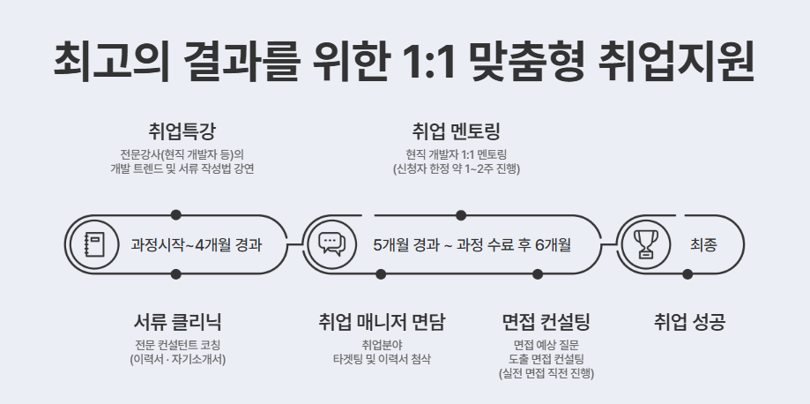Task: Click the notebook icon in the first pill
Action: pos(93,243)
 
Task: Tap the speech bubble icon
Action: pos(331,243)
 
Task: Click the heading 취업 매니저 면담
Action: pos(382,322)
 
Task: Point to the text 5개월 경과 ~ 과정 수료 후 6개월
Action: pos(472,244)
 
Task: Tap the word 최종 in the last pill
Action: pos(703,244)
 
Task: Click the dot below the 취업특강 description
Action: pos(176,214)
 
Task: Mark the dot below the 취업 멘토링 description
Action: pos(460,214)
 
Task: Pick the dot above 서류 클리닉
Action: pos(176,273)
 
